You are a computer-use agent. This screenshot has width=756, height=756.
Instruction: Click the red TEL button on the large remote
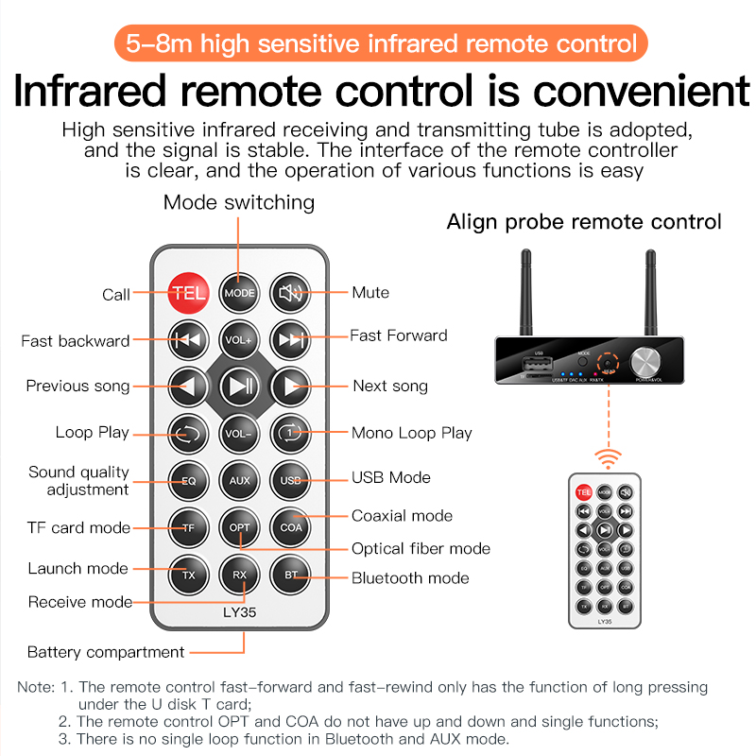pyautogui.click(x=188, y=293)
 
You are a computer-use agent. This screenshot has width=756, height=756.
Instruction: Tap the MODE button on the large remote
pyautogui.click(x=239, y=293)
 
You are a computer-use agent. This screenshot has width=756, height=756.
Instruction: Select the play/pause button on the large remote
pyautogui.click(x=239, y=386)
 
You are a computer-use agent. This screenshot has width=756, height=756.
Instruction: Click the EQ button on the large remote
pyautogui.click(x=188, y=480)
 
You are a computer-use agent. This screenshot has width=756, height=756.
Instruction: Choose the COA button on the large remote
pyautogui.click(x=290, y=526)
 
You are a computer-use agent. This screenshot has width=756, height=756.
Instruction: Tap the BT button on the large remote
pyautogui.click(x=290, y=574)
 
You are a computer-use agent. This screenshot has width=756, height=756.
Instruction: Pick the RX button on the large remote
pyautogui.click(x=239, y=574)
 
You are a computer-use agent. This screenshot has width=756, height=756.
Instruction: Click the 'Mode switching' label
pyautogui.click(x=239, y=202)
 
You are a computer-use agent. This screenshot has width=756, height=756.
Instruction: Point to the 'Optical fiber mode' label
pyautogui.click(x=421, y=548)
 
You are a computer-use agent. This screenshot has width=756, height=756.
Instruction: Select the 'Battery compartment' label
pyautogui.click(x=106, y=652)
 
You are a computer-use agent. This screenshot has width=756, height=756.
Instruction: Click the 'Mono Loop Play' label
pyautogui.click(x=411, y=433)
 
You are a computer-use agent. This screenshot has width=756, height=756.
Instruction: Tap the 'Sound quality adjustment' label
pyautogui.click(x=79, y=480)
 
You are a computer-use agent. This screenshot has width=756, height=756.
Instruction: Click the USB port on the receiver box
pyautogui.click(x=534, y=369)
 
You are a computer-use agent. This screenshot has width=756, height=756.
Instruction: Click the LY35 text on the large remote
pyautogui.click(x=240, y=612)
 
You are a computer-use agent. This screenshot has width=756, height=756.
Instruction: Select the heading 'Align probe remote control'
pyautogui.click(x=584, y=222)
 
